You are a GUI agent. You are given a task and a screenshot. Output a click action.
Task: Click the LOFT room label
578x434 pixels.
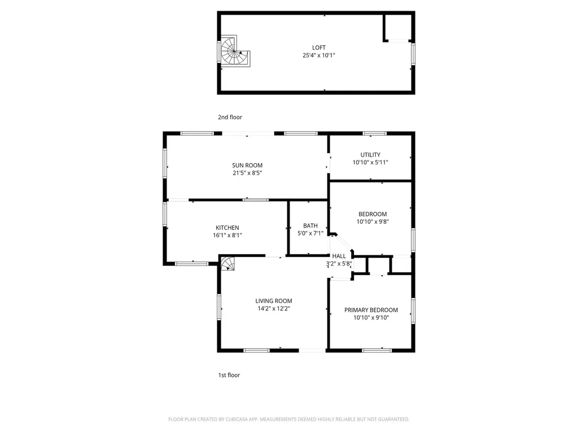coord(319,47)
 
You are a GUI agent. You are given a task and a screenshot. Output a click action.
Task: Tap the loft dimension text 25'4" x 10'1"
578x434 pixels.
coord(319,55)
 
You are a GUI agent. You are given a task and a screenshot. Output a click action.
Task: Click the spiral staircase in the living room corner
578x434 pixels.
coord(227,263)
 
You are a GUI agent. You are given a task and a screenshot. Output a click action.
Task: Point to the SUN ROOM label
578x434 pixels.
coord(247,166)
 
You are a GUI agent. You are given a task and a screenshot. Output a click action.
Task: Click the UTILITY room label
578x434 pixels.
coord(370,155)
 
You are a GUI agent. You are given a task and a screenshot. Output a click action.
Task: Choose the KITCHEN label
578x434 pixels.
coord(227,228)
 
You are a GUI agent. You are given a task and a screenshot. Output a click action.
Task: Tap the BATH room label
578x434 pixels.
coord(310,225)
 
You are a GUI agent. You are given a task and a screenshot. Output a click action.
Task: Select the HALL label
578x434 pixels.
coord(339,256)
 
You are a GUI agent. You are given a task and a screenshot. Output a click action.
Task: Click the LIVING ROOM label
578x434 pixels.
coord(274,301)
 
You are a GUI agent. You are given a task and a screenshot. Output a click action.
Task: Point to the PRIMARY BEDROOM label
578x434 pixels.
coord(371,310)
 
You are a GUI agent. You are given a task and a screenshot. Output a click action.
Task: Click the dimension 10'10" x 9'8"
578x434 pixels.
coord(373,222)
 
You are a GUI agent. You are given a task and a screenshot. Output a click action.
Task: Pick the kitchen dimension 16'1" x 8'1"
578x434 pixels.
coord(227,235)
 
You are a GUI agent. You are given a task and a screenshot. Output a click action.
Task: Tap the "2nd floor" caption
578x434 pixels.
coord(230,117)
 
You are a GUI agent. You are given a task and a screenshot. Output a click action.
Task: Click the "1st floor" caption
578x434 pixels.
coord(229,375)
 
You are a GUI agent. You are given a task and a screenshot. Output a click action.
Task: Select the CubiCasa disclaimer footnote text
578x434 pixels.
coord(289,419)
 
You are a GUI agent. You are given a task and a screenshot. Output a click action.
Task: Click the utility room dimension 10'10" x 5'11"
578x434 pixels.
coord(370,162)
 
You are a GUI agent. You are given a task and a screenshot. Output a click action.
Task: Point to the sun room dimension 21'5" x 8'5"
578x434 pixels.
coord(247,173)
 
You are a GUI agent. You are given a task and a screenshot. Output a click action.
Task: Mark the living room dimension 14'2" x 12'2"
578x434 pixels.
coord(274,309)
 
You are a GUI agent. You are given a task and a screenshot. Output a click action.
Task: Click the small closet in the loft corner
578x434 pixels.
coord(398,27)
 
